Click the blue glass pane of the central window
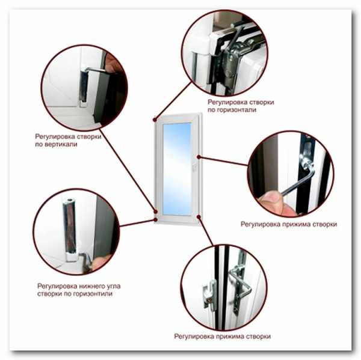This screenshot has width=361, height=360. click(177, 169)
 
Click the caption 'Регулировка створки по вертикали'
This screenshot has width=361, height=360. click(68, 140)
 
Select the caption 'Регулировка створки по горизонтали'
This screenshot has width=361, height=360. click(241, 106)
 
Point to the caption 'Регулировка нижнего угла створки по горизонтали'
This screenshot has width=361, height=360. click(79, 290)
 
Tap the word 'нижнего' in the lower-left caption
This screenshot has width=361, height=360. click(92, 286)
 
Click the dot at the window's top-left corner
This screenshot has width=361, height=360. click(155, 120)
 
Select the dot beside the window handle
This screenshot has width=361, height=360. click(199, 157)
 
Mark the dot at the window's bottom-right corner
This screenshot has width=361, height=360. click(198, 217)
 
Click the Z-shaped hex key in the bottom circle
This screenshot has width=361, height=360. click(240, 282)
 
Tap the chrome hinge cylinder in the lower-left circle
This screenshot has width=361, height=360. click(70, 230)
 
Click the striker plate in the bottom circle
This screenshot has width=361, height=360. click(209, 294)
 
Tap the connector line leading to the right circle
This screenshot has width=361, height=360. click(224, 161)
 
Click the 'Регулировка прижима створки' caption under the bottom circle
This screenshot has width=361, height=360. click(223, 337)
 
